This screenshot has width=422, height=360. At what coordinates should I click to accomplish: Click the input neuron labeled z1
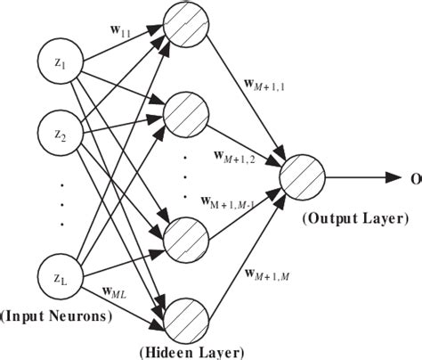pyautogui.click(x=60, y=65)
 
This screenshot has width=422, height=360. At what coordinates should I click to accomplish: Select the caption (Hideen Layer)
pyautogui.click(x=190, y=351)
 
